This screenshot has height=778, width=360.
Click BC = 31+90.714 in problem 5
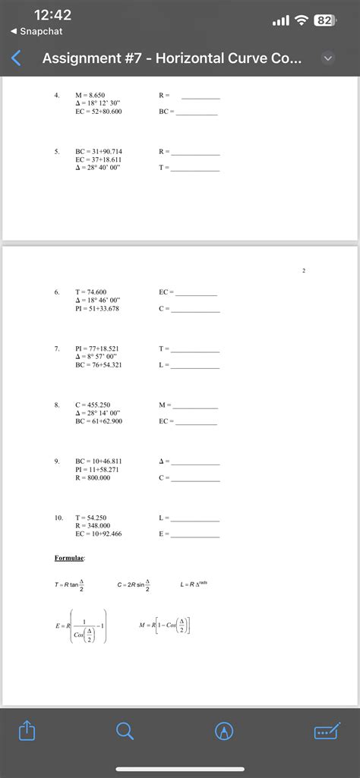click(x=99, y=151)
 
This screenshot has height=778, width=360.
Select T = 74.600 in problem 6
click(x=91, y=291)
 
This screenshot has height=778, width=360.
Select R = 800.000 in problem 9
click(x=93, y=477)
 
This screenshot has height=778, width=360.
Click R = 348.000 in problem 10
click(x=93, y=525)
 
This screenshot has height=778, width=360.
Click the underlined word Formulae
click(x=70, y=558)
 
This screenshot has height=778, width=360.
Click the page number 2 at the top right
click(x=303, y=269)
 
